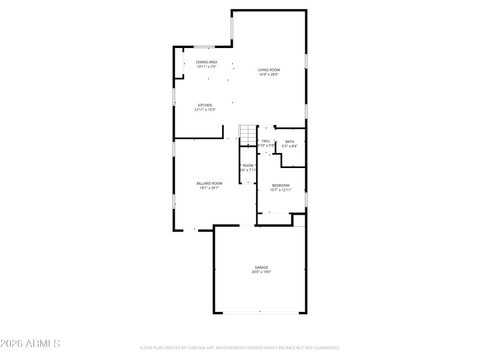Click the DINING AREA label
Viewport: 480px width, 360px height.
[207, 62]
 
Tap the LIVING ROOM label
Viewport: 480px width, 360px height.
[269, 70]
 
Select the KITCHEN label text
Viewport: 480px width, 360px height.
[205, 105]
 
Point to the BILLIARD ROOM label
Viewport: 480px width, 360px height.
[209, 184]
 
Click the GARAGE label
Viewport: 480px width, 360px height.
[261, 268]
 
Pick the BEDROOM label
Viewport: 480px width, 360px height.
[281, 185]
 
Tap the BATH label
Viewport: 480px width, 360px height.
[290, 142]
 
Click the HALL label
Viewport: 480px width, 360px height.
[266, 141]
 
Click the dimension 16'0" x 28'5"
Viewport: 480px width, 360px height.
[269, 75]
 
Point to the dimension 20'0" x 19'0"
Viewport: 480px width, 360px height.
[261, 272]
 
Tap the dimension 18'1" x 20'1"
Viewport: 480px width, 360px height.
[209, 188]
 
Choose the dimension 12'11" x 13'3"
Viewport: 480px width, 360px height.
[205, 110]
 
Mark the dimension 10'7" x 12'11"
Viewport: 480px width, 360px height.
[281, 190]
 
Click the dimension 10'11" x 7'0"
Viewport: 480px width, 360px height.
[207, 67]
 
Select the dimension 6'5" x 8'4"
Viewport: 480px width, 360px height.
[290, 146]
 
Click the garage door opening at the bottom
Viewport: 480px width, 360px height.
[260, 312]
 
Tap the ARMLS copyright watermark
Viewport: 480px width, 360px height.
[30, 344]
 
